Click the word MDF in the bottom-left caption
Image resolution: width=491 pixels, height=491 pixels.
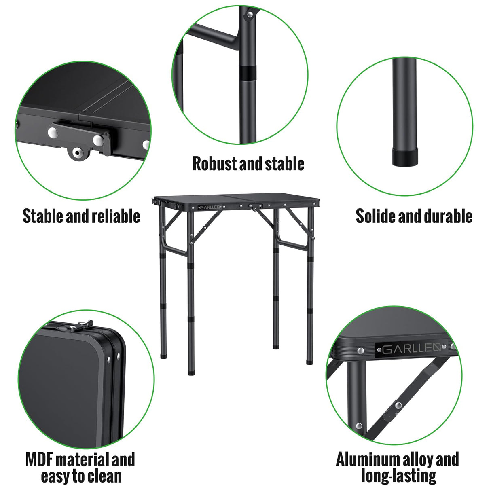39,460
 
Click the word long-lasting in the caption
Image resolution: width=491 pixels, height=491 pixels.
398,476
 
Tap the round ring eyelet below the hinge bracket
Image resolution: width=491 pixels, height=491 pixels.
77,153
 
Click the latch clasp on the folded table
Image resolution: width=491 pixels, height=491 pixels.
84,324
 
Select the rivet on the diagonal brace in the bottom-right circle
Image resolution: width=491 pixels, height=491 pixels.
398,406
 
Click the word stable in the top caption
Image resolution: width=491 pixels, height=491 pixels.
284,164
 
